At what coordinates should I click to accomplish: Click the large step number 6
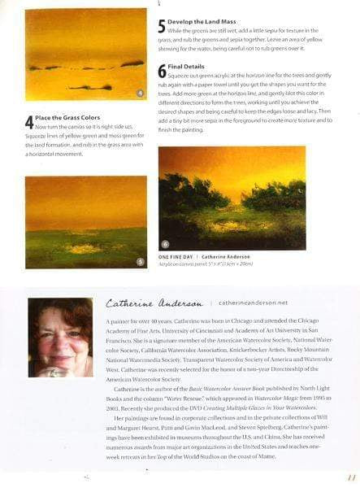pos(161,72)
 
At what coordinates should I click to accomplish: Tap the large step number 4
pos(29,123)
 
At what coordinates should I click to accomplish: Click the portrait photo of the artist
pos(60,336)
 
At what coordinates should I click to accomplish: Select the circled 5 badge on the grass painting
pos(139,261)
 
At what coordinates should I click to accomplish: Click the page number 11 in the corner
pos(351,478)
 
